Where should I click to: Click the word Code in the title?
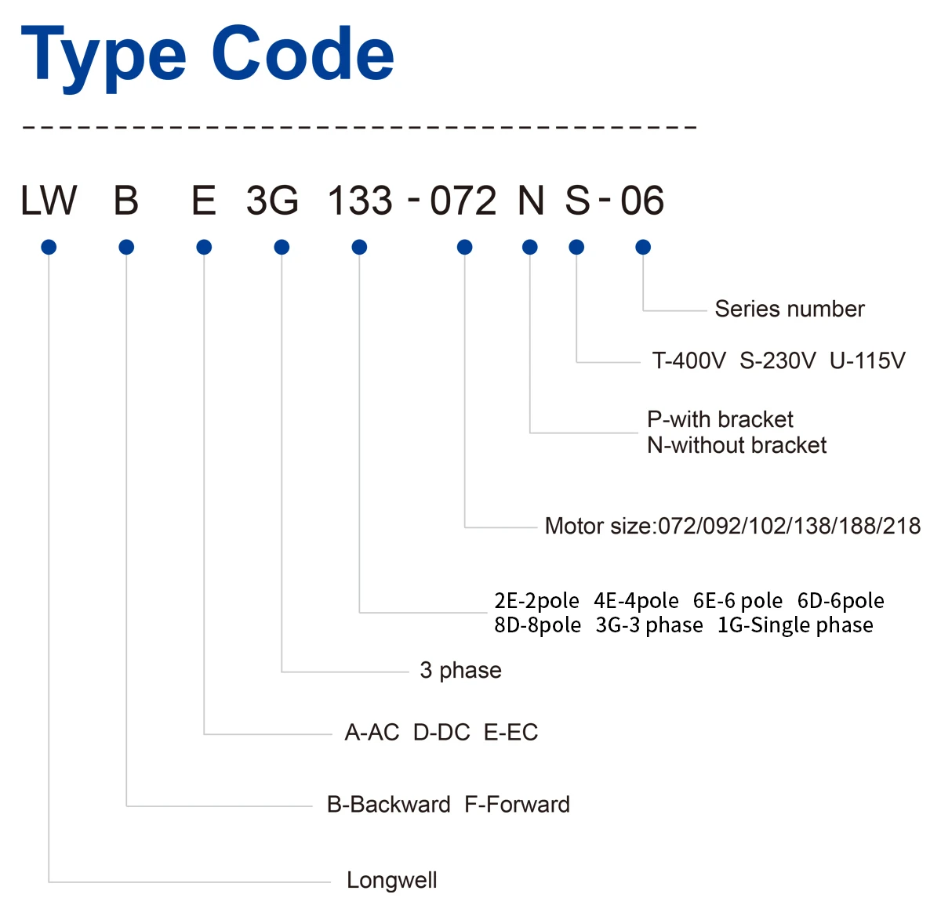pyautogui.click(x=303, y=53)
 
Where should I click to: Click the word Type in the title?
pyautogui.click(x=104, y=59)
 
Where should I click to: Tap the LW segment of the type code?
pyautogui.click(x=49, y=200)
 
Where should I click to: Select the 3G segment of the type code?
pyautogui.click(x=272, y=200)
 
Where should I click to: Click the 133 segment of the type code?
pyautogui.click(x=360, y=200)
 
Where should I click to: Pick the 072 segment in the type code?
pyautogui.click(x=463, y=200)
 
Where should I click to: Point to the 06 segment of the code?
pyautogui.click(x=642, y=200)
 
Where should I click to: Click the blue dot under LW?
pyautogui.click(x=49, y=247)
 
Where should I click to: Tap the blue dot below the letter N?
pyautogui.click(x=530, y=247)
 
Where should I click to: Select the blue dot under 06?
pyautogui.click(x=643, y=247)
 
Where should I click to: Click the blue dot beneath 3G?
pyautogui.click(x=282, y=247)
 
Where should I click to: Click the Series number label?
pyautogui.click(x=790, y=309)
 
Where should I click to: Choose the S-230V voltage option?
pyautogui.click(x=778, y=360)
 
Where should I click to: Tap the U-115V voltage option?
pyautogui.click(x=867, y=360)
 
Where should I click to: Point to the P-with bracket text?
pyautogui.click(x=720, y=419)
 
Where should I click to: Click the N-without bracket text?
pyautogui.click(x=737, y=445)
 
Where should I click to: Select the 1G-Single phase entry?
pyautogui.click(x=795, y=625)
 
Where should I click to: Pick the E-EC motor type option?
pyautogui.click(x=510, y=732)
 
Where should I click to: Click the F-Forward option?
pyautogui.click(x=517, y=805)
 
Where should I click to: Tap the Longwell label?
pyautogui.click(x=391, y=880)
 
